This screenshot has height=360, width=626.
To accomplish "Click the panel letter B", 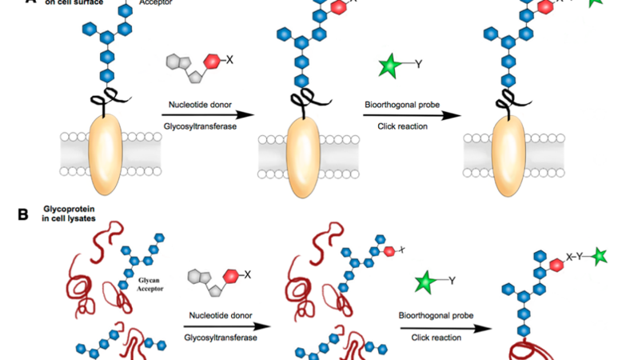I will (23, 214).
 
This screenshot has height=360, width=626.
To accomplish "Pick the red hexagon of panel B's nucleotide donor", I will (232, 276).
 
